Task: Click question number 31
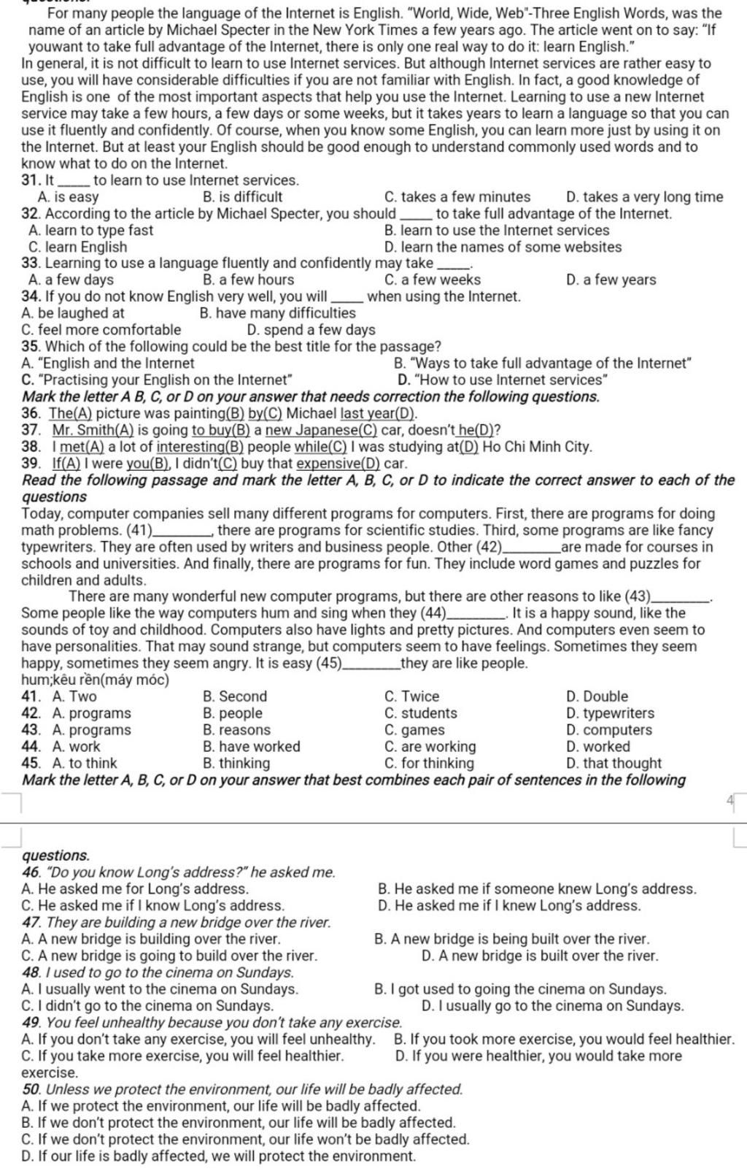31,180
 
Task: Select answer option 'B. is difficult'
242,197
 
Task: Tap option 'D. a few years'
611,280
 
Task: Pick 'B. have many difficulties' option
277,313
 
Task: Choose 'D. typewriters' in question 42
610,713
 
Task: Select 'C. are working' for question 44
430,747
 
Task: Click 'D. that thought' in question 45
614,764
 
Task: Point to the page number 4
729,800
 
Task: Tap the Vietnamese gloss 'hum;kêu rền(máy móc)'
96,680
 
